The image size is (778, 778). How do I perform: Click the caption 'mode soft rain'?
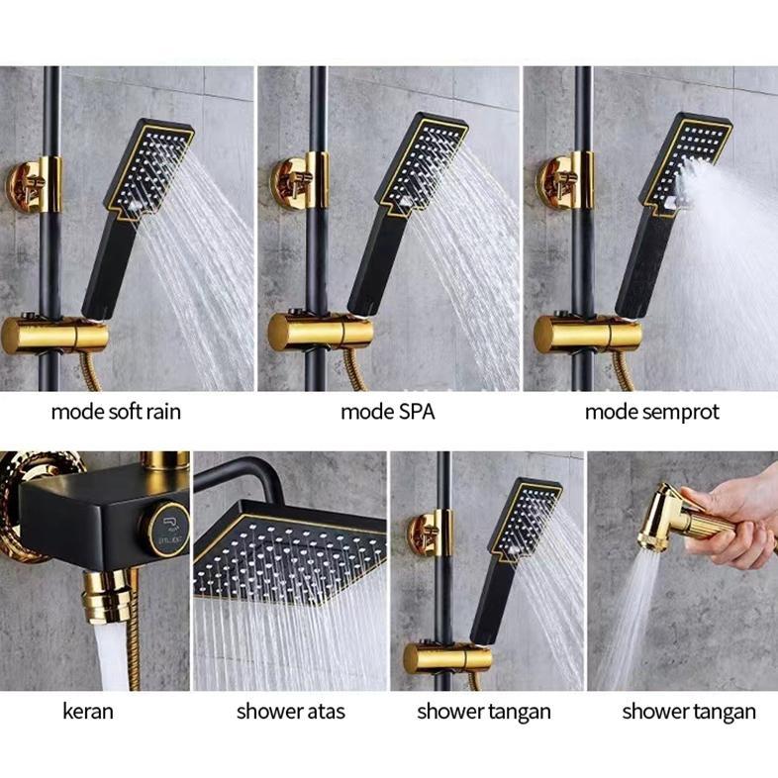click(x=116, y=411)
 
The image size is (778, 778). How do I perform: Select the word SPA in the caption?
click(x=415, y=411)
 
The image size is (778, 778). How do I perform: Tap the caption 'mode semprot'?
click(x=651, y=411)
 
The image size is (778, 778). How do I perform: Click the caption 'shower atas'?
click(x=290, y=711)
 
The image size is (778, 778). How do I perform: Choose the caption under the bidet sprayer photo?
click(x=688, y=711)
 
